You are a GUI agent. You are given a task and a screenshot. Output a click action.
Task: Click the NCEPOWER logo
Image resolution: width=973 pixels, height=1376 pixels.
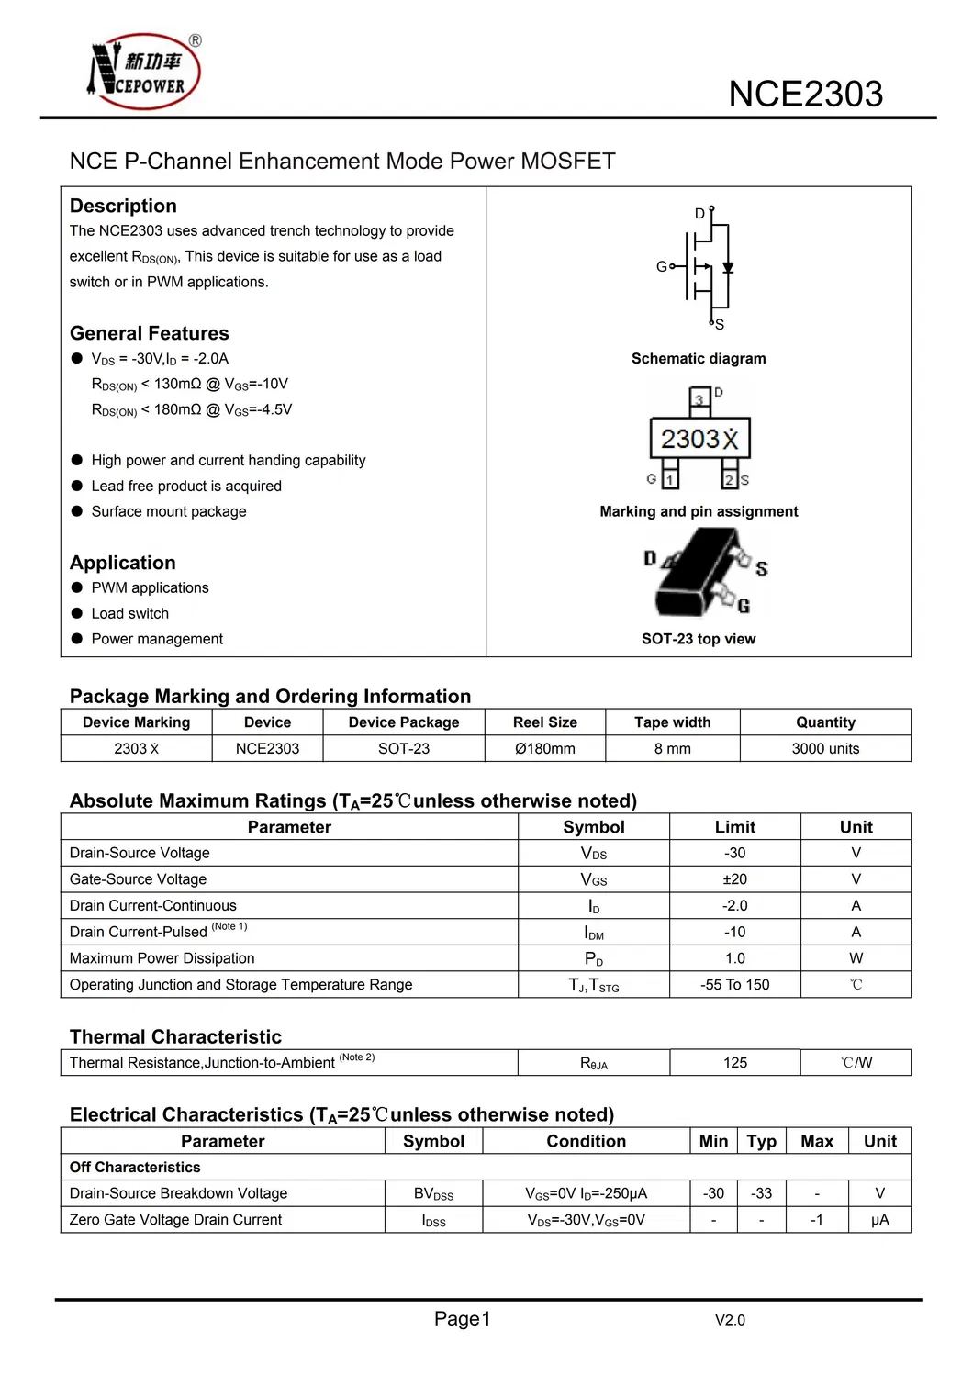tap(143, 73)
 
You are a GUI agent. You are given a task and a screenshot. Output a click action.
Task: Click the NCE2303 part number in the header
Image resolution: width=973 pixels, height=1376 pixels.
tap(805, 95)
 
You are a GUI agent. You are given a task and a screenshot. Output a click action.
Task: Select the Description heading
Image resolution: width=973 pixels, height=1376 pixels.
tap(123, 206)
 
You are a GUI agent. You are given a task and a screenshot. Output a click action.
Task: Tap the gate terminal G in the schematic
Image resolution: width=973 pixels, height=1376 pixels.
tap(662, 266)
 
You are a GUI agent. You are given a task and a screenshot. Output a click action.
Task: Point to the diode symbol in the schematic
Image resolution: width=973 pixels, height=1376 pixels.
tap(728, 268)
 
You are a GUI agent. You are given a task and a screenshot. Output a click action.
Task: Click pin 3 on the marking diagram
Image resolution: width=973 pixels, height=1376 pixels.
tap(699, 399)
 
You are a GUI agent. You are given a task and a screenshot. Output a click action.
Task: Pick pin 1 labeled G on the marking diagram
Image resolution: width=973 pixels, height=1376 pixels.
tap(670, 479)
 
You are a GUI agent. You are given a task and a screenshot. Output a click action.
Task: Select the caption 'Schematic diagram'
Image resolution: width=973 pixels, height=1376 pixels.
tap(699, 359)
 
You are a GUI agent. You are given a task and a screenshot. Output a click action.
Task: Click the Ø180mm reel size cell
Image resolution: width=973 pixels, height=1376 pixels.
tap(545, 749)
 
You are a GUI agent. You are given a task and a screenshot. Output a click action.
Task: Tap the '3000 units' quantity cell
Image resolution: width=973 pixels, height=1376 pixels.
tap(825, 749)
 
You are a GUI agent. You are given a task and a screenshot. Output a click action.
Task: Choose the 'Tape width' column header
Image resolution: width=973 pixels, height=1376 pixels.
tap(672, 722)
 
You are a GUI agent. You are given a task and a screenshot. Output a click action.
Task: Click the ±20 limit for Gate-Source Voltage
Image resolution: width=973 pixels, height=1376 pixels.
tap(734, 879)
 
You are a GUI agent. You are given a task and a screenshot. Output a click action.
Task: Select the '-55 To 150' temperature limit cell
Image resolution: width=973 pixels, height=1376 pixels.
tap(734, 985)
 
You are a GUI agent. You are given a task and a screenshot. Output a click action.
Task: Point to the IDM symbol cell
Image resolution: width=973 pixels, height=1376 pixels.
tap(594, 933)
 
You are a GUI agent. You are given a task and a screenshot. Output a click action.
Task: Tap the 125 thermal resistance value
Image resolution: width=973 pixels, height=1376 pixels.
tap(734, 1063)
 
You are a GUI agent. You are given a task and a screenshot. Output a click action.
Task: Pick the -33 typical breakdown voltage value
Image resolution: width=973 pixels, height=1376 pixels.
tap(761, 1193)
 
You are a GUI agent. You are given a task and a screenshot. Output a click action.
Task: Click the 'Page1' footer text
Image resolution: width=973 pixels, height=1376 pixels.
tap(462, 1319)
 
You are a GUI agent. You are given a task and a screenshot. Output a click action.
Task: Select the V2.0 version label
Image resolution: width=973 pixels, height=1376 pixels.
tap(730, 1321)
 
